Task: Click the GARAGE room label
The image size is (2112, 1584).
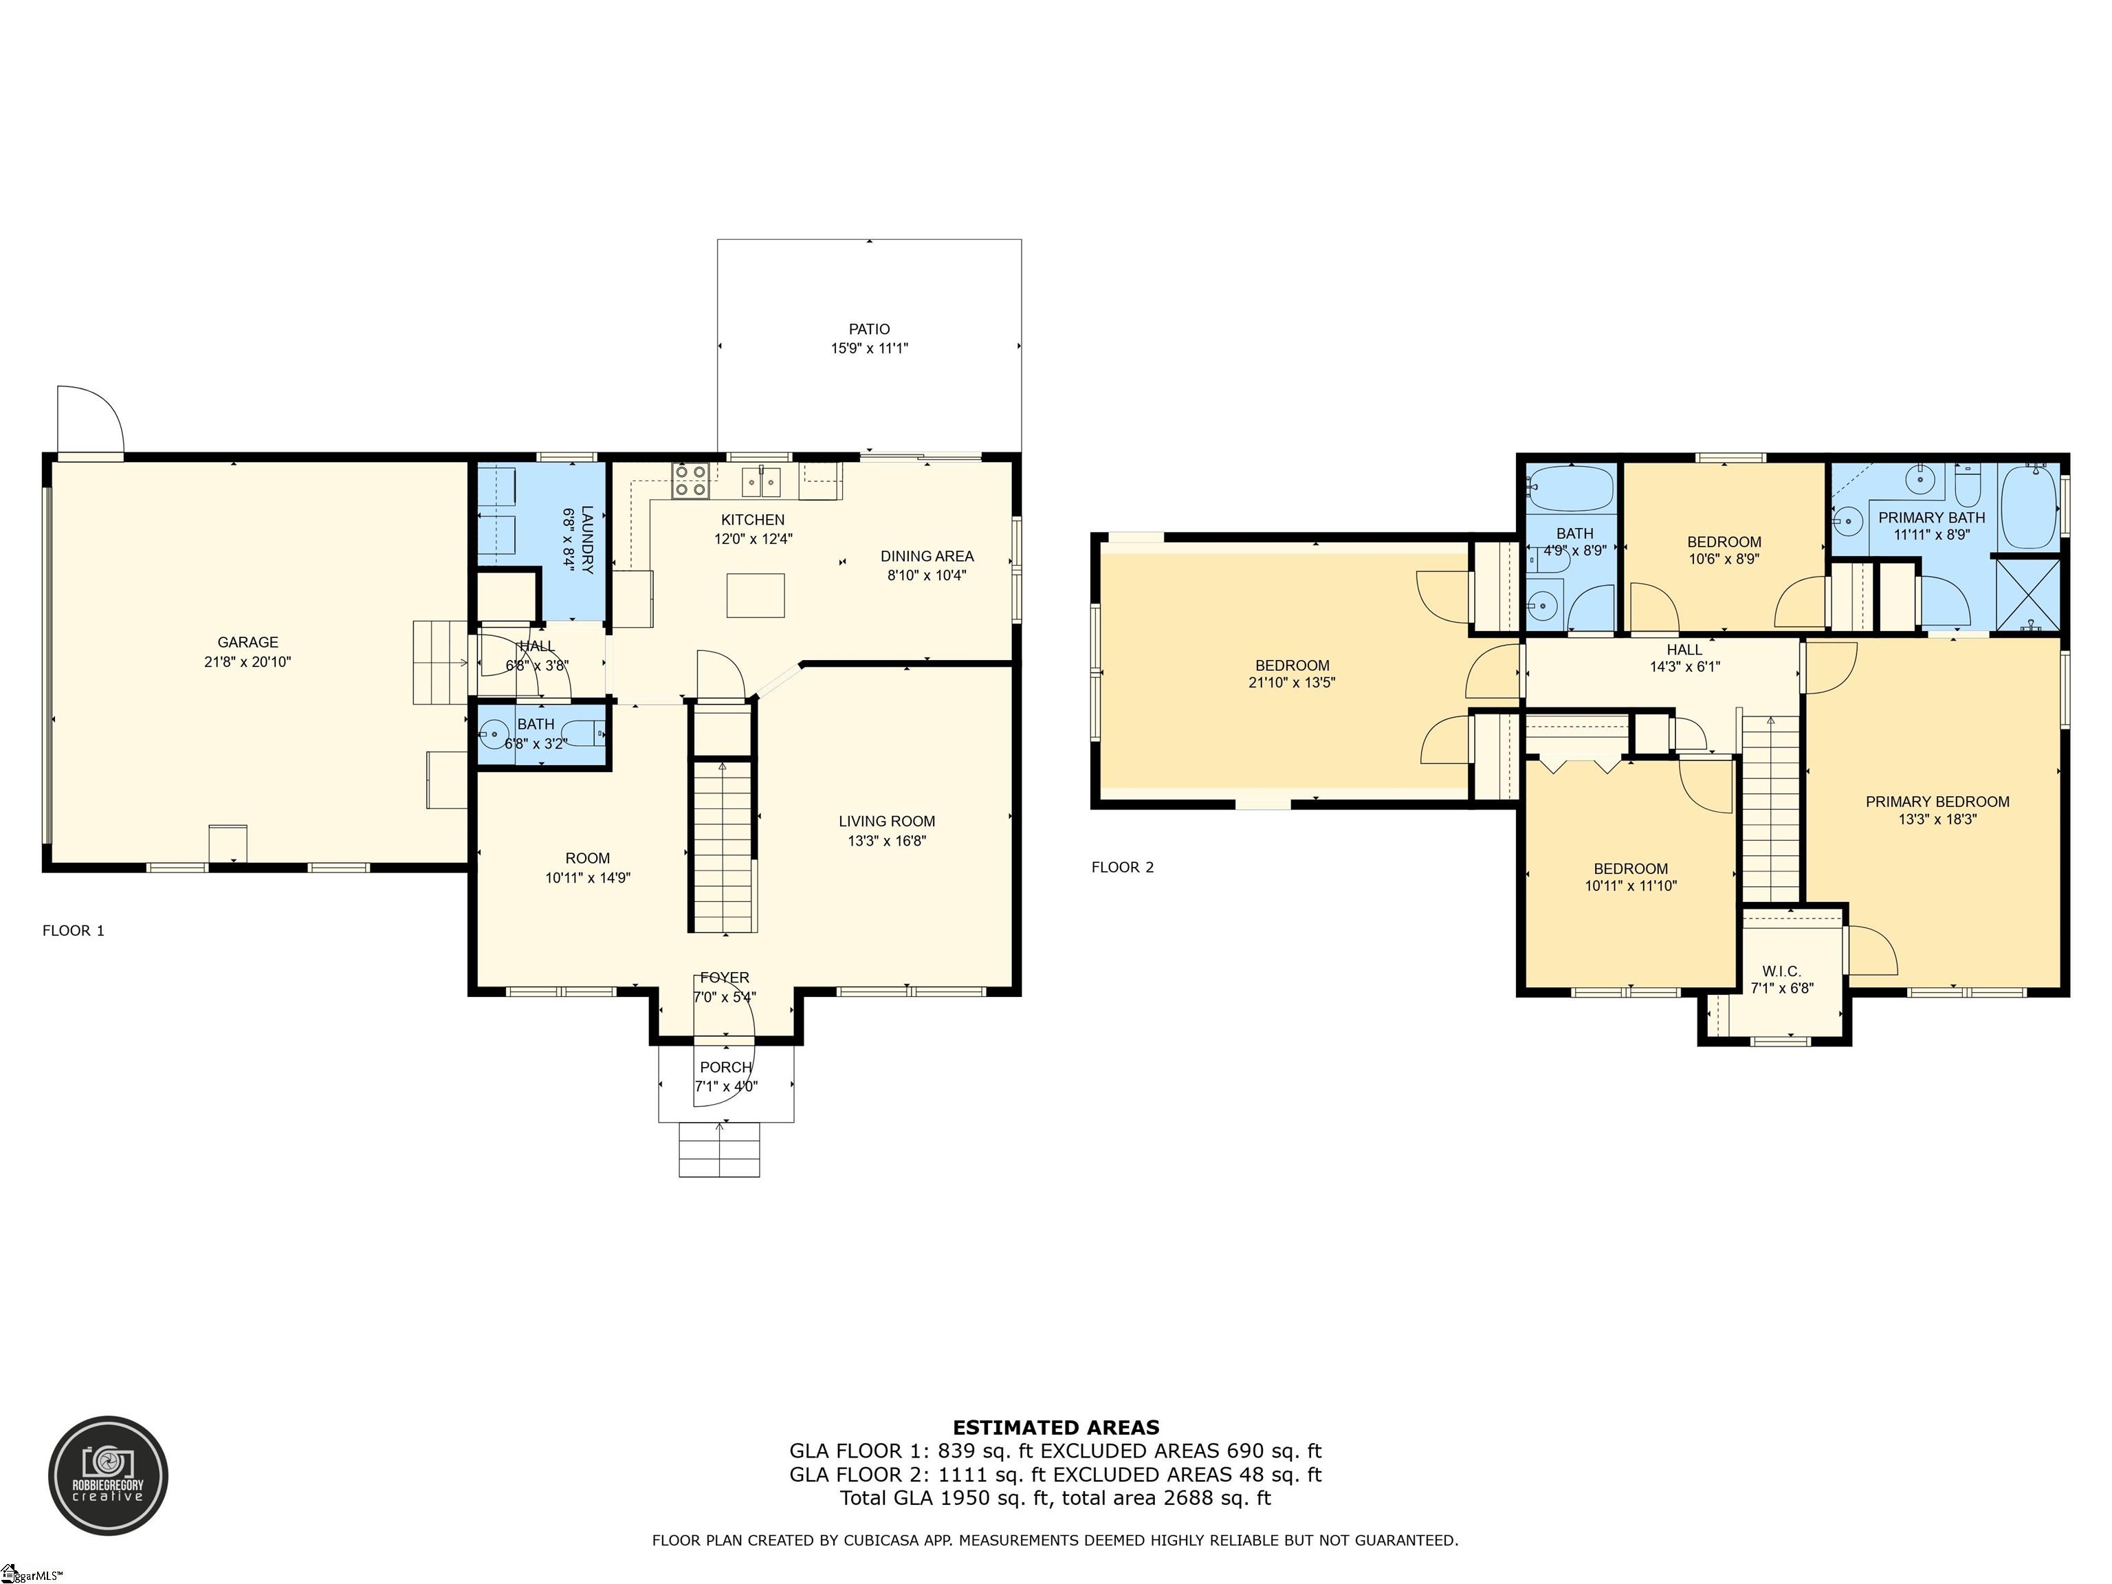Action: pos(247,643)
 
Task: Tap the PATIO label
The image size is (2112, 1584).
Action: pos(869,329)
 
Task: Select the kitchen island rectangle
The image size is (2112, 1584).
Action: pos(756,596)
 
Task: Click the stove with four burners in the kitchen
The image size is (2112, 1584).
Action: pos(690,481)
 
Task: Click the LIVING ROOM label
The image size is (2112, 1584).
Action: pos(887,821)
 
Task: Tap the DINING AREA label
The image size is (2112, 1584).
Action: pos(927,555)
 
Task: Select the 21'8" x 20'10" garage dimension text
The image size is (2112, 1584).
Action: pos(247,661)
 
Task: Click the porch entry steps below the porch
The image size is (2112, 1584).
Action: pos(720,1149)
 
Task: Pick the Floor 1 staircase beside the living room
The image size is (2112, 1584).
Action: pos(723,845)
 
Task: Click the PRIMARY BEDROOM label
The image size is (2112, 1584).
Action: pos(1937,802)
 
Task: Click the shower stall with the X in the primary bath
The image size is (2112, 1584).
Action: pos(2029,594)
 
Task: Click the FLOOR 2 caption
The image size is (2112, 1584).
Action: pos(1123,867)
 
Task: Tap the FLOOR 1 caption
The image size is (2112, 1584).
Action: pos(74,930)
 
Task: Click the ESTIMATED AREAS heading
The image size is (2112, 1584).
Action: pos(1056,1427)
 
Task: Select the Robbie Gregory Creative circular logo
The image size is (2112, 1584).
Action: pos(109,1476)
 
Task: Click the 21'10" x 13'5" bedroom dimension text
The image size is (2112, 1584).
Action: pos(1292,683)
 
